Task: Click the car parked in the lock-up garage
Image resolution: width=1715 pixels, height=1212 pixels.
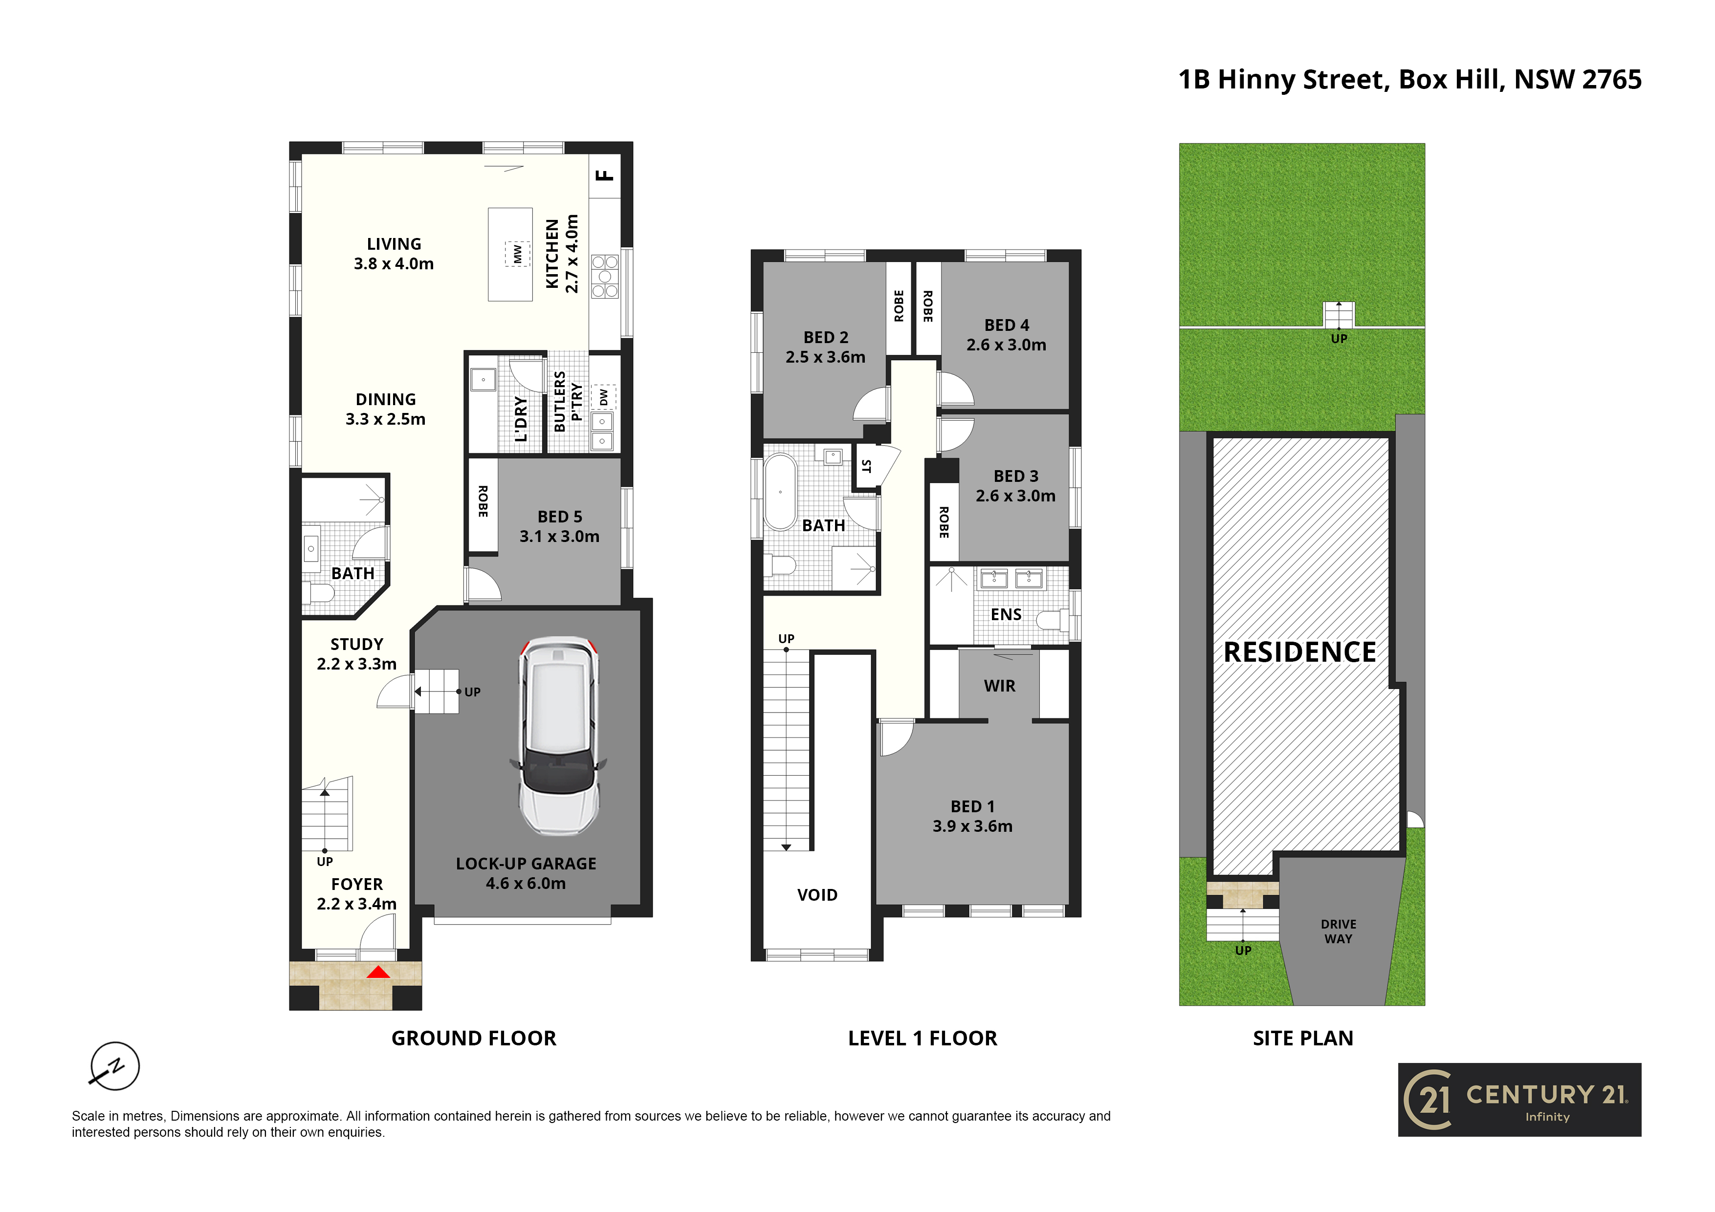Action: [559, 736]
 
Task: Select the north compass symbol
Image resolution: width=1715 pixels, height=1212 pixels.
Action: [114, 1066]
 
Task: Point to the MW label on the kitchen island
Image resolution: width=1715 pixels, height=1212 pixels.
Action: [517, 254]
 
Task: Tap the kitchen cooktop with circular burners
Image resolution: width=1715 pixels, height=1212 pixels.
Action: [605, 276]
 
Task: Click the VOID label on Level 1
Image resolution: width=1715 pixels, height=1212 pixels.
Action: [817, 895]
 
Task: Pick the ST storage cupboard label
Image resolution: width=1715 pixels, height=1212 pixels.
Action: [866, 467]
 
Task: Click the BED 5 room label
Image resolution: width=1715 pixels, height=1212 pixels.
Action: [559, 517]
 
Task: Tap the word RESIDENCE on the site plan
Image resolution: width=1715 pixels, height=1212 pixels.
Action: [1300, 652]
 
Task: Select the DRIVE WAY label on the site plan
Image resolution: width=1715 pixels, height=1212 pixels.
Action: [1339, 931]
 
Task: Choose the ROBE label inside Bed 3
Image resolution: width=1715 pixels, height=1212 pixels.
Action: [944, 522]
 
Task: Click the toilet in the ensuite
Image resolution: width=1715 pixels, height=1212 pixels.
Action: [1055, 619]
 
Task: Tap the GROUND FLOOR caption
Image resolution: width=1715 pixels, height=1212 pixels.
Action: [474, 1038]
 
